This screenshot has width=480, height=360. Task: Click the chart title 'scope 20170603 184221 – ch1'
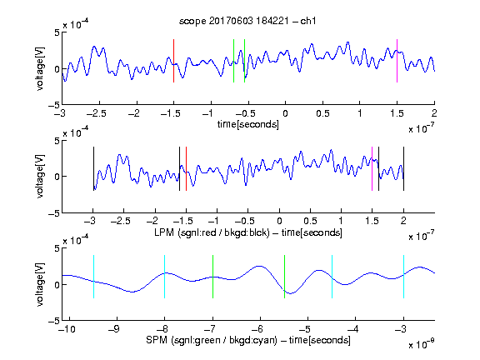pyautogui.click(x=247, y=21)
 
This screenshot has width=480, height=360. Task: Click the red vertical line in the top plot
pyautogui.click(x=173, y=61)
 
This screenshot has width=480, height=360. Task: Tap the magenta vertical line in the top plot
pyautogui.click(x=397, y=61)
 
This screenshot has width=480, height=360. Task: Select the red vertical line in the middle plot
pyautogui.click(x=186, y=168)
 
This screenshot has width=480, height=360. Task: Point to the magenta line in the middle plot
pyautogui.click(x=372, y=168)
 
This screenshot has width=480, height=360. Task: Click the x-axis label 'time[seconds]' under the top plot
pyautogui.click(x=248, y=124)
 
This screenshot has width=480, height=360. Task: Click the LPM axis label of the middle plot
pyautogui.click(x=248, y=232)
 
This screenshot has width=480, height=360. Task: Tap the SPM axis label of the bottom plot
pyautogui.click(x=248, y=340)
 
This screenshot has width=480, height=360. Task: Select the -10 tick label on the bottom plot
pyautogui.click(x=67, y=329)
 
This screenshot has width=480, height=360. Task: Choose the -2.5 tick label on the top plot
pyautogui.click(x=96, y=113)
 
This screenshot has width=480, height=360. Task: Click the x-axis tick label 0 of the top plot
pyautogui.click(x=285, y=113)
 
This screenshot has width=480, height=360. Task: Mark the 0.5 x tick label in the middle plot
pyautogui.click(x=310, y=221)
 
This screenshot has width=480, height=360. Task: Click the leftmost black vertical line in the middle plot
pyautogui.click(x=93, y=168)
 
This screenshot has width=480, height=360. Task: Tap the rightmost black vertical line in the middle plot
pyautogui.click(x=403, y=168)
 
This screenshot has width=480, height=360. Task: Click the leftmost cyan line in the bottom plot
pyautogui.click(x=93, y=277)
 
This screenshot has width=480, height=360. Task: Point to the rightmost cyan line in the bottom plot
pyautogui.click(x=403, y=277)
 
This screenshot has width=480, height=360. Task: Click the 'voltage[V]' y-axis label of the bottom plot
pyautogui.click(x=40, y=284)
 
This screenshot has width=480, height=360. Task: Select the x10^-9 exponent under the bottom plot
pyautogui.click(x=421, y=343)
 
